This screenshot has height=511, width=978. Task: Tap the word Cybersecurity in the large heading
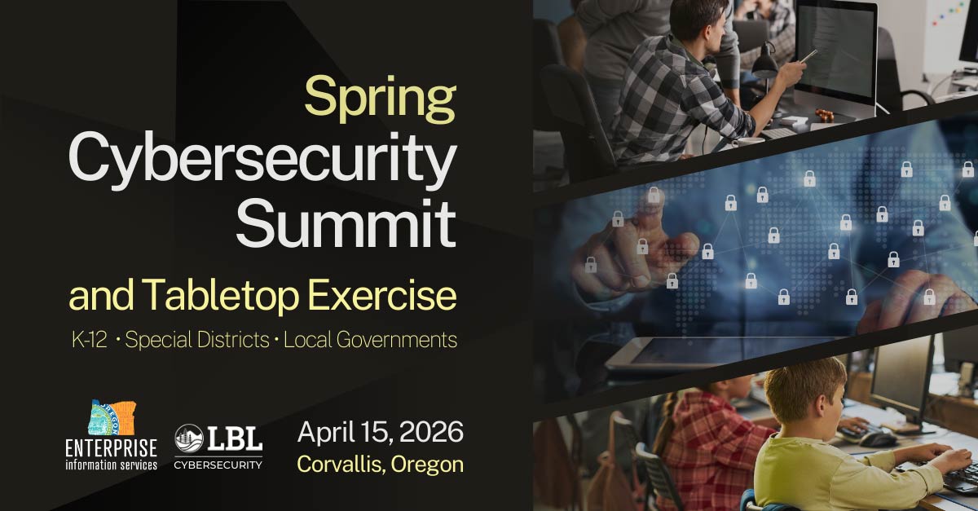click(262, 162)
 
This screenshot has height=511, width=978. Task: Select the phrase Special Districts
click(197, 340)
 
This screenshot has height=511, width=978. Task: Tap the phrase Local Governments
click(371, 340)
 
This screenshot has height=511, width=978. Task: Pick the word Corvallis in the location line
click(340, 465)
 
